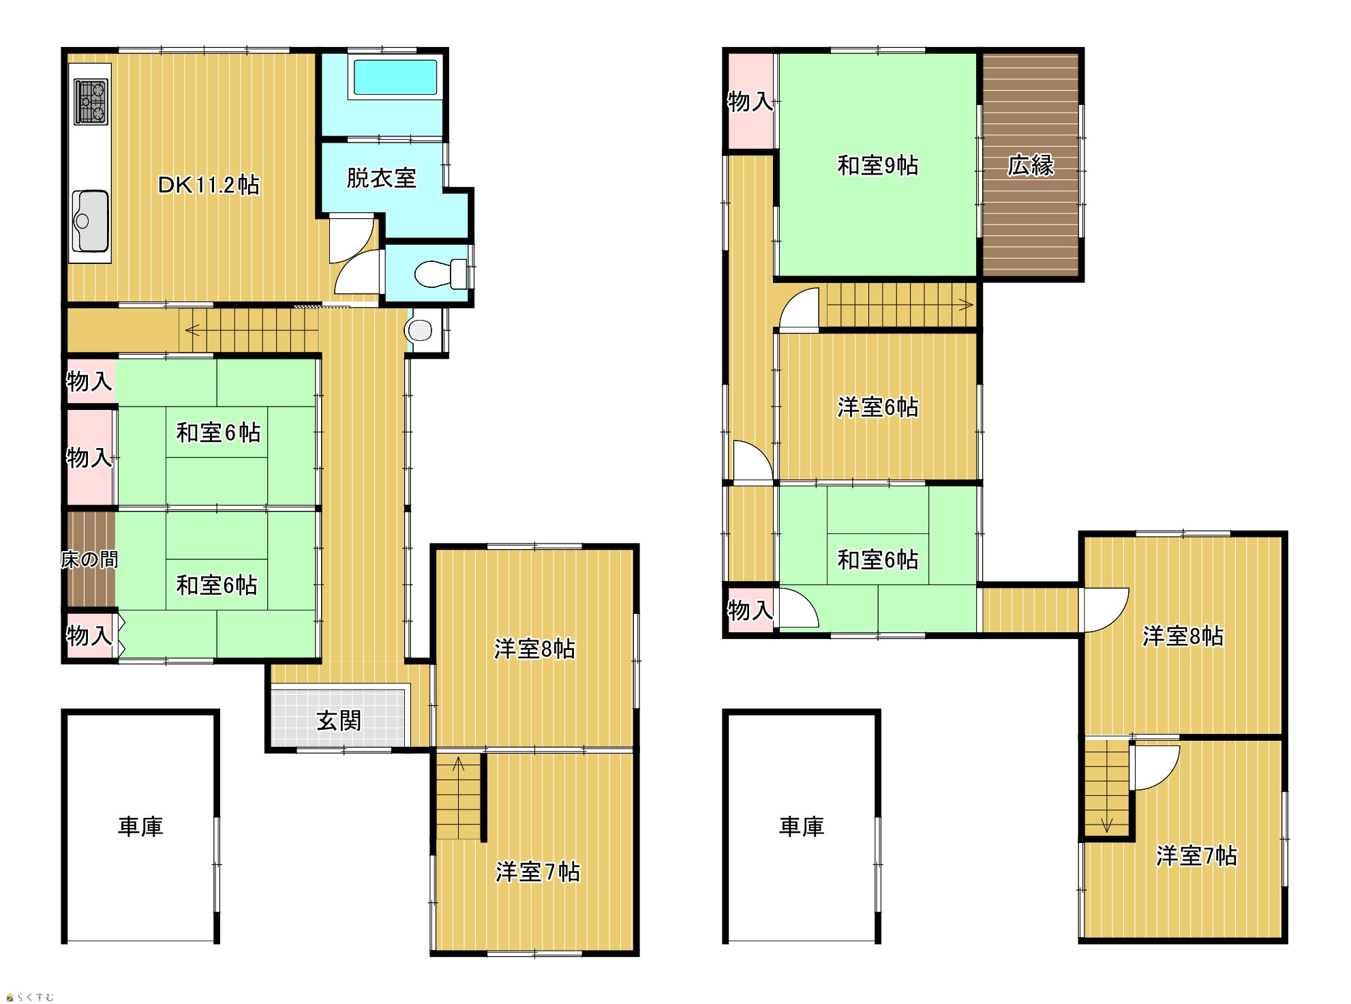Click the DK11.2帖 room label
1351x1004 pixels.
click(209, 184)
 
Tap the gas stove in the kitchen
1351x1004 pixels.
click(91, 102)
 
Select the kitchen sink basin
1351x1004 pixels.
click(90, 221)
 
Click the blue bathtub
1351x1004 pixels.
click(395, 77)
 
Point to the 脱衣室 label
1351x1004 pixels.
click(382, 178)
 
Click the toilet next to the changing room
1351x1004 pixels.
click(440, 274)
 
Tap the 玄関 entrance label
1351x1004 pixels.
click(339, 720)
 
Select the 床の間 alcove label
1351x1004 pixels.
click(89, 560)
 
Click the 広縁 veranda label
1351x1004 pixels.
click(1031, 165)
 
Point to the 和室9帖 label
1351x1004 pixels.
click(878, 165)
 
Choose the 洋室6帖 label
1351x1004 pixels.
click(878, 407)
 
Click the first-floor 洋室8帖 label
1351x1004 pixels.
click(535, 649)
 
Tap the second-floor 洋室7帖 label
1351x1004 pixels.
click(1197, 855)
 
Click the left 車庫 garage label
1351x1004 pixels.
click(140, 827)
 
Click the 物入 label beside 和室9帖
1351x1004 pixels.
click(750, 102)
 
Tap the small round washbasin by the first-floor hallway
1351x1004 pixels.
click(419, 331)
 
